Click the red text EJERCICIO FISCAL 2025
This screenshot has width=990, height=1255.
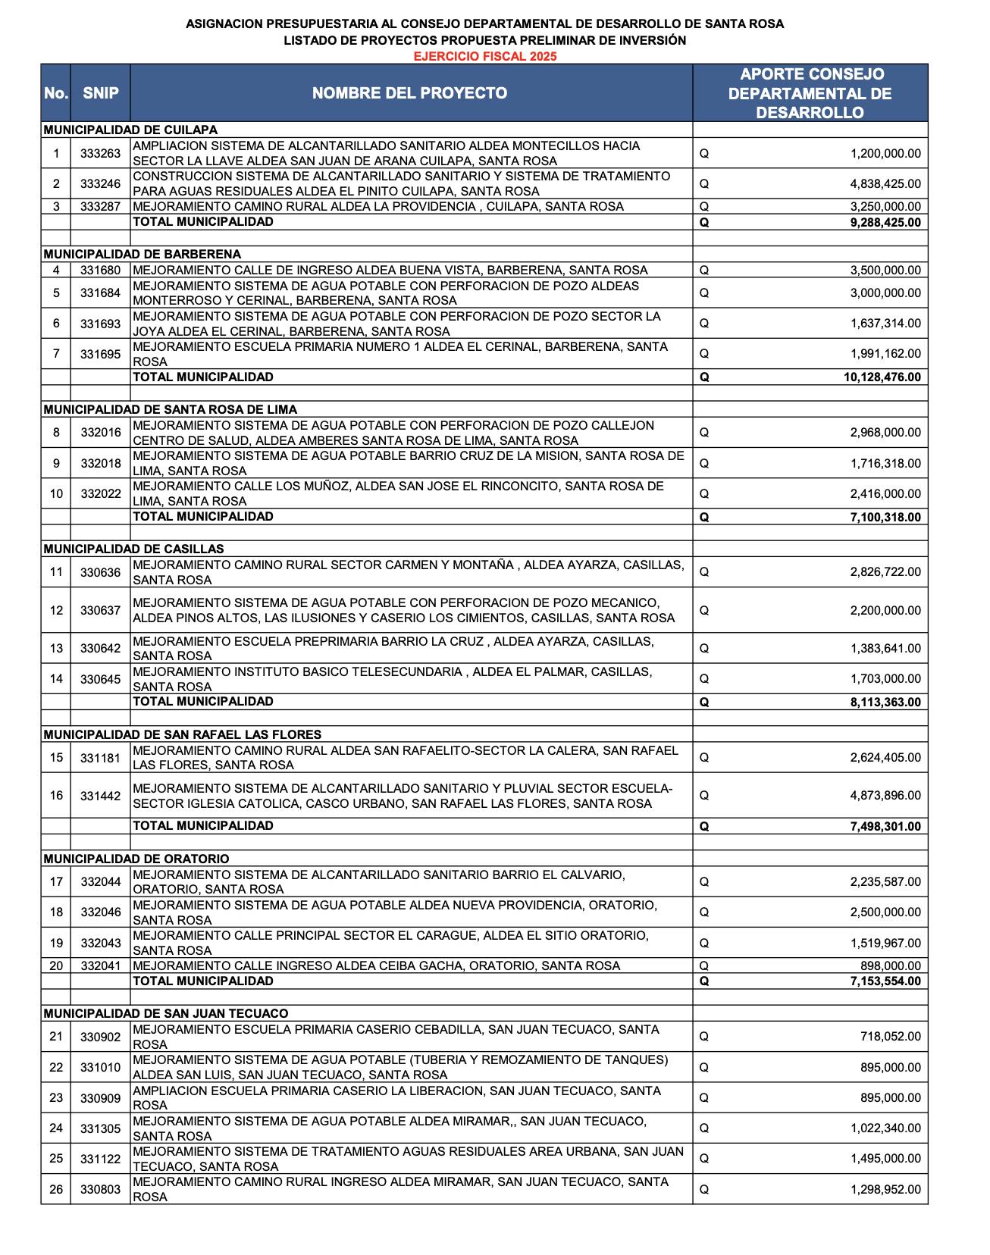(485, 57)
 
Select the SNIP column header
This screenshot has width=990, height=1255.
(101, 93)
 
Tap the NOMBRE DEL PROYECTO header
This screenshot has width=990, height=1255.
(410, 93)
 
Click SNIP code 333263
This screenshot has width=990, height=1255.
(101, 154)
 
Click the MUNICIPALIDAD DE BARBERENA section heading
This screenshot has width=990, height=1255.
(142, 254)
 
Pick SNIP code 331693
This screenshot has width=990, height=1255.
(101, 324)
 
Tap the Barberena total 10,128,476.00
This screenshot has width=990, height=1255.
(882, 377)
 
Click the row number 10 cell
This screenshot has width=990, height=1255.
(56, 494)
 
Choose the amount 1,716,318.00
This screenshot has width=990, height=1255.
(885, 464)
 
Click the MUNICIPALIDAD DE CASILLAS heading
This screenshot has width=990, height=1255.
(133, 549)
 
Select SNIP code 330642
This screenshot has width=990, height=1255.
(101, 649)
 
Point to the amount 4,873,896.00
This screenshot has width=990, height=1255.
(885, 796)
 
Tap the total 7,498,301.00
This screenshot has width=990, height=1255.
(885, 827)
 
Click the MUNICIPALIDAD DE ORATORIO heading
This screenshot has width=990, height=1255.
(136, 859)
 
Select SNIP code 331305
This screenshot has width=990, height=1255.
(101, 1128)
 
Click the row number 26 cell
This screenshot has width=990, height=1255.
(56, 1190)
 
